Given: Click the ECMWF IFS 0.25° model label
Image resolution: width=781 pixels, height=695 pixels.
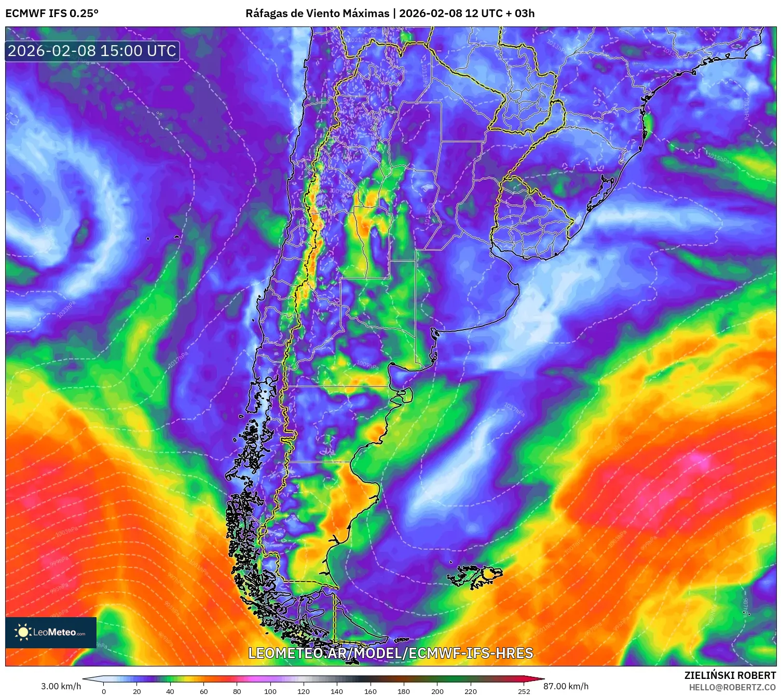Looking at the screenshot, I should click(52, 13).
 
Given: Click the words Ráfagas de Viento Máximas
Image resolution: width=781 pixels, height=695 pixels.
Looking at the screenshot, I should click(317, 13).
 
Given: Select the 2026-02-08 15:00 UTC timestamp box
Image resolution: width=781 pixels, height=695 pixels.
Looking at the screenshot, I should click(92, 51).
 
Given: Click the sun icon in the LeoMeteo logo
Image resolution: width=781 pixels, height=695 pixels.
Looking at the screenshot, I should click(23, 632).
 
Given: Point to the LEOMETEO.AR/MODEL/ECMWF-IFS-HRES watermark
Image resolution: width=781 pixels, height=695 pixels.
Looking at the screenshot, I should click(390, 653).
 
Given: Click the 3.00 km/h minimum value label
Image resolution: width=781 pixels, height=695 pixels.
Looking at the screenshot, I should click(61, 686).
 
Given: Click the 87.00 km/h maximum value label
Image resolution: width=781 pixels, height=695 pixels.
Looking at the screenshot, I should click(566, 686).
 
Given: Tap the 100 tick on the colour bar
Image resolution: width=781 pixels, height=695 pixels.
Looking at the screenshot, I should click(270, 691).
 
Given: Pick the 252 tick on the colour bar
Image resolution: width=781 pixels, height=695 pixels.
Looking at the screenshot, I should click(524, 691).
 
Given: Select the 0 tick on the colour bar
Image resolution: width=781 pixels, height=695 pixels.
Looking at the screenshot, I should click(104, 691).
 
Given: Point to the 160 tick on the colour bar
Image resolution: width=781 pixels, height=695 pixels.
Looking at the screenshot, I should click(370, 691).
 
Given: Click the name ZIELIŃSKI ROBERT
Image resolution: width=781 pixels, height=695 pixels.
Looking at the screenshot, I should click(730, 675).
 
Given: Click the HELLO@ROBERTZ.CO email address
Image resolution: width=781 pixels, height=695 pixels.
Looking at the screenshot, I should click(732, 687).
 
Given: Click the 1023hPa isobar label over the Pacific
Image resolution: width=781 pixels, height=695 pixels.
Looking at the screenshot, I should click(66, 309).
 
